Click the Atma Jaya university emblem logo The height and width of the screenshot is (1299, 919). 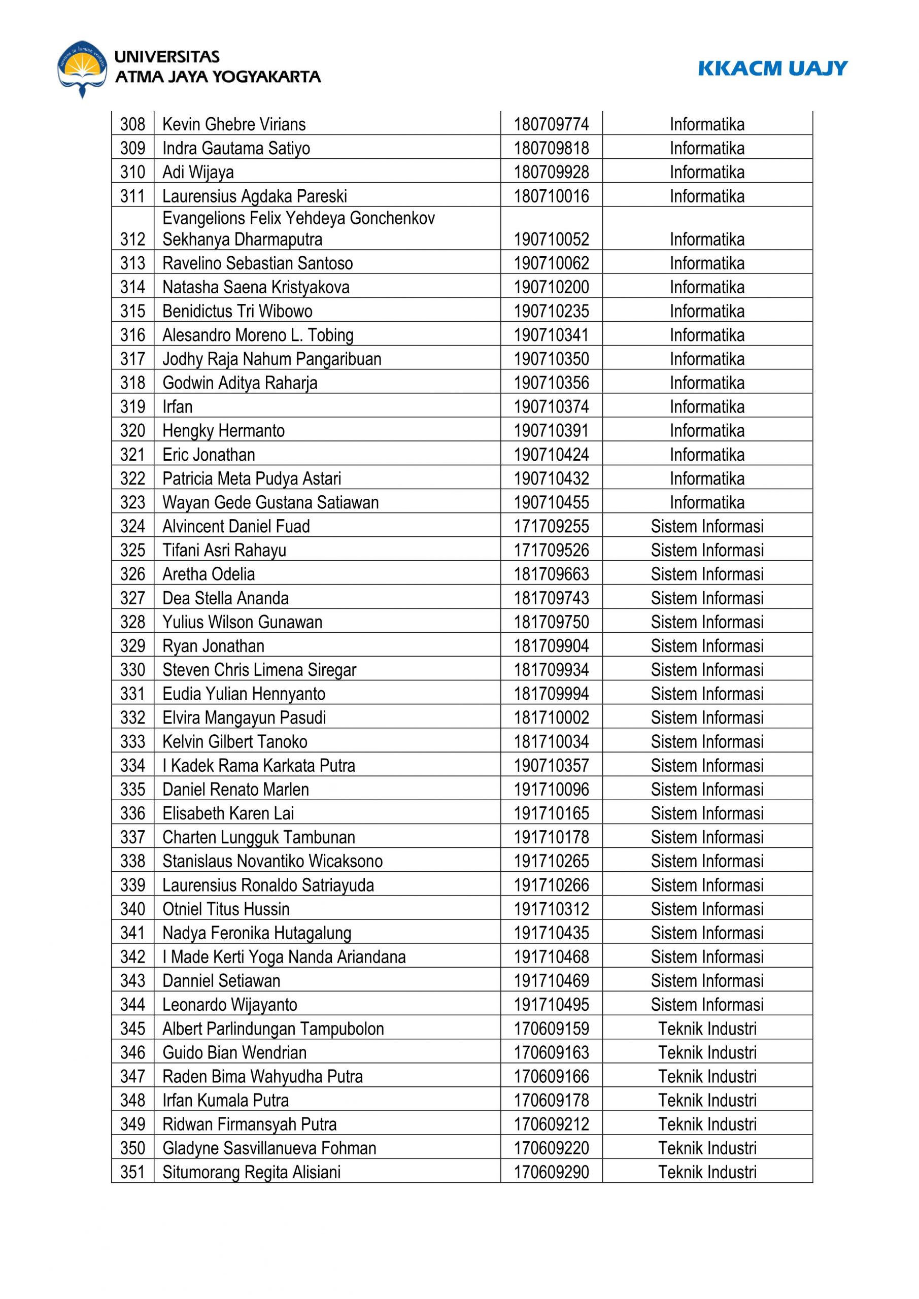tap(83, 69)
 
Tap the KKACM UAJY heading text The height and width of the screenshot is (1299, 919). tap(772, 69)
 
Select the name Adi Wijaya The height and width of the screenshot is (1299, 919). tap(197, 172)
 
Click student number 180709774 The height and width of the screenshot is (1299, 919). tap(551, 124)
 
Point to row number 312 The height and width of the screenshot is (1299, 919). tap(132, 240)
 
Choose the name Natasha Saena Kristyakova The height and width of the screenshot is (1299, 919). tap(256, 287)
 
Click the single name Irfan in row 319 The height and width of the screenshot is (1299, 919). tap(177, 407)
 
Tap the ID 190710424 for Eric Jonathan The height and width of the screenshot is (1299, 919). tap(551, 455)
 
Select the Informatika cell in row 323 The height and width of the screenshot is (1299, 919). tap(707, 502)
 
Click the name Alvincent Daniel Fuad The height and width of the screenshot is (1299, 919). tap(236, 527)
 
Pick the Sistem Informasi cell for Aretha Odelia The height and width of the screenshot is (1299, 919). tap(707, 574)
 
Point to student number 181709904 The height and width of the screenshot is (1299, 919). tap(551, 646)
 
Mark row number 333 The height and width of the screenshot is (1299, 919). tap(132, 742)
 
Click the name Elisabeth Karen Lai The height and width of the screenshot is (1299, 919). tap(228, 813)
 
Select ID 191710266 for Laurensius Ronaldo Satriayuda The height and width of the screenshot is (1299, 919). tap(551, 885)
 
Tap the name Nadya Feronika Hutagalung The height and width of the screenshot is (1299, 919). tap(256, 933)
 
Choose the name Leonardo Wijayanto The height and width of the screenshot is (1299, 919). tap(230, 1005)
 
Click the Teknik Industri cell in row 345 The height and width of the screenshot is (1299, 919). tap(707, 1029)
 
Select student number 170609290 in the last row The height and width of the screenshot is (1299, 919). tap(551, 1172)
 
